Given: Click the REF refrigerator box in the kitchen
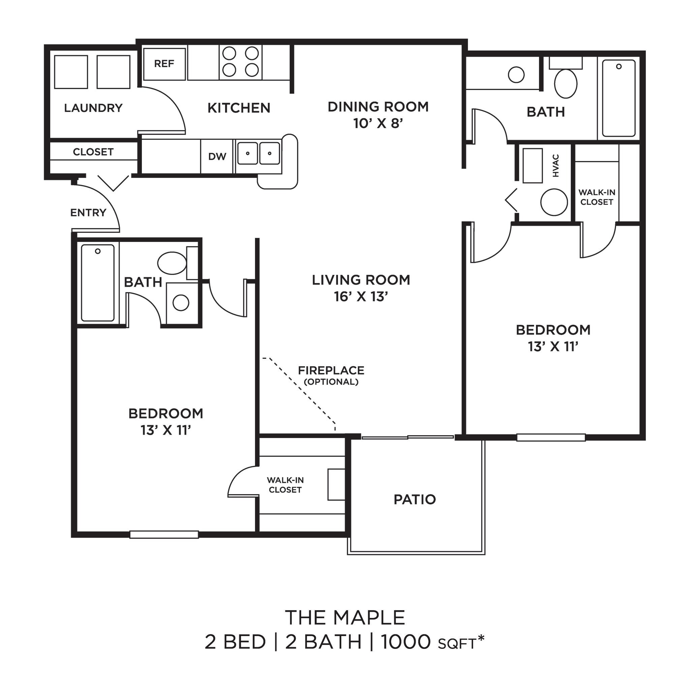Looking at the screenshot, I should (164, 64).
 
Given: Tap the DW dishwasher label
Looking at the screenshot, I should (217, 156).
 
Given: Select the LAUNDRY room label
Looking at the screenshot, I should (93, 108).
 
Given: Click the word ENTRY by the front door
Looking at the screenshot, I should (88, 213).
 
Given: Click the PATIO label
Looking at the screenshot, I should (415, 499).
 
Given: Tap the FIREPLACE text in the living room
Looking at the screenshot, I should (331, 370).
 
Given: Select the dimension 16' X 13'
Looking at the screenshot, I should (361, 296).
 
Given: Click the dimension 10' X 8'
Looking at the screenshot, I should (378, 123).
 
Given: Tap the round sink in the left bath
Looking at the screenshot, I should (181, 303).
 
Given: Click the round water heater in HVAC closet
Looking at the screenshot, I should (554, 202).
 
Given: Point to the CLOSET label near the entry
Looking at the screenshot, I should (93, 152).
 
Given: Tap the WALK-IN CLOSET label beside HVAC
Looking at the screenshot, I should (597, 197).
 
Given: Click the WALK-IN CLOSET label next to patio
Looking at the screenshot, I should (285, 485).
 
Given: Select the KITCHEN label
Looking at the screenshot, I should (239, 108).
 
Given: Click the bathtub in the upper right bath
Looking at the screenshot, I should (619, 98).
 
